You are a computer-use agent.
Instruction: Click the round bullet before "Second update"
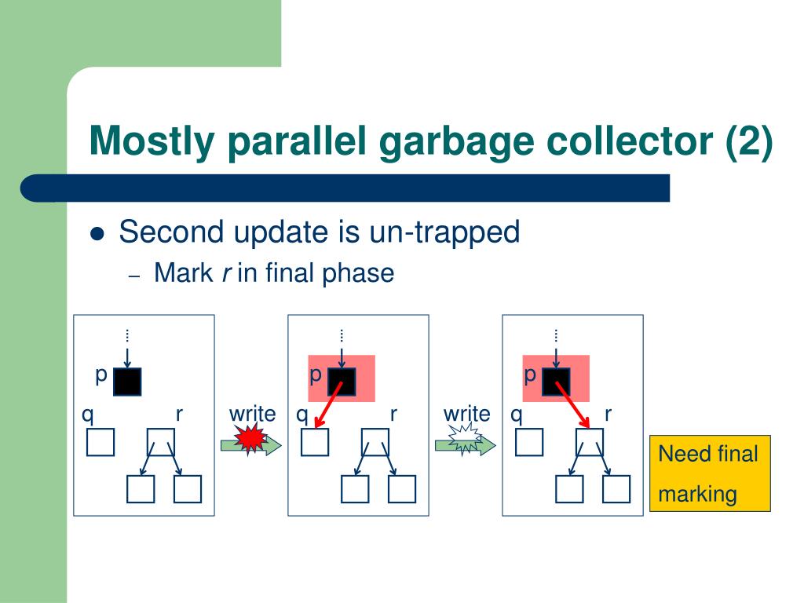coord(98,234)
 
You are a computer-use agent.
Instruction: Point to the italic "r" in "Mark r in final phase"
coord(225,274)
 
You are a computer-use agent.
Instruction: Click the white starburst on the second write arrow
coord(466,440)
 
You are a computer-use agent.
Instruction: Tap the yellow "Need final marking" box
coord(710,473)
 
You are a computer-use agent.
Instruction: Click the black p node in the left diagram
coord(127,382)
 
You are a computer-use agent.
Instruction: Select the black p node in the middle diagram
coord(342,382)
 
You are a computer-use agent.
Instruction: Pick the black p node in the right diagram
coord(556,382)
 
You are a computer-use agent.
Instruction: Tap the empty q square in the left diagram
coord(100,442)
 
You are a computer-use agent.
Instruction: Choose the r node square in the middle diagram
coord(375,442)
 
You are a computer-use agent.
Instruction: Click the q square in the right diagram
coord(529,442)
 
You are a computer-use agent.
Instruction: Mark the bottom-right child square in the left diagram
coord(188,489)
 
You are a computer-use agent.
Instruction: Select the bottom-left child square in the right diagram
coord(569,489)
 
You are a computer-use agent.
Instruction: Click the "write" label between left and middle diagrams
coord(252,414)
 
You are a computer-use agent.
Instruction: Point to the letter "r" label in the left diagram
coord(179,414)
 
